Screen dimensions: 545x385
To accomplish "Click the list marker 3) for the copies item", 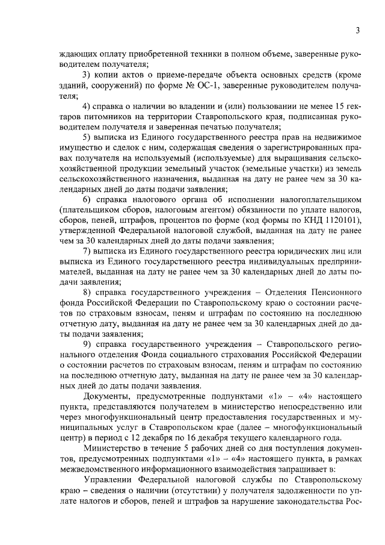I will [87, 74].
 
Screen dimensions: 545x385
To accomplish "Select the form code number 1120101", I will [341, 221].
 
